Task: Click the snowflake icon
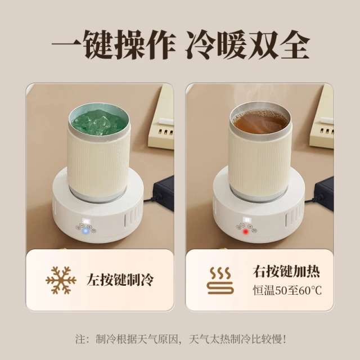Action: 60,279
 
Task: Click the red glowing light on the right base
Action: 245,230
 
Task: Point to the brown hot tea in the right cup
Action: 259,120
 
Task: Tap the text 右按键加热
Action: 286,272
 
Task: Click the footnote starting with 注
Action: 180,339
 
